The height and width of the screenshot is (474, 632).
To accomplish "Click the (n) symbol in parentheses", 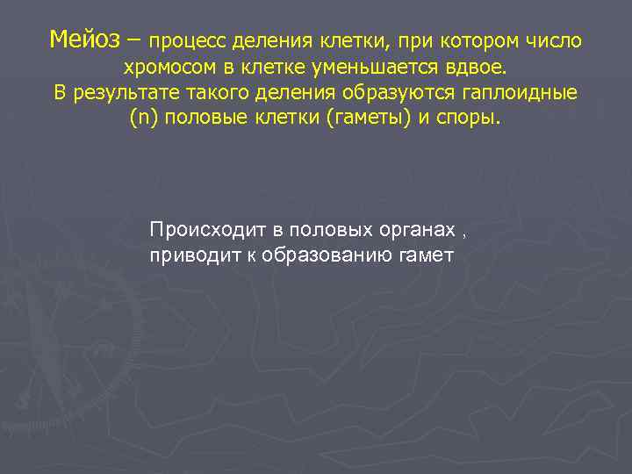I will pos(141,119).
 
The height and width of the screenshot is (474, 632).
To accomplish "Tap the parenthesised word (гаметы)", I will pos(362,119).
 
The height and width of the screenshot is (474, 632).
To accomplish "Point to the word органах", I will pos(417,230).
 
